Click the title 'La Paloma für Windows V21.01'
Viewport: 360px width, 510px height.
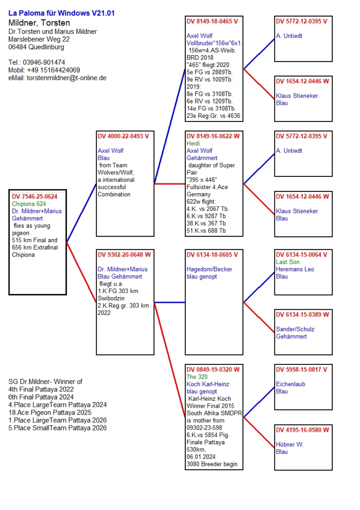coord(61,13)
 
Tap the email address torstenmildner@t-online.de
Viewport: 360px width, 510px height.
coord(66,78)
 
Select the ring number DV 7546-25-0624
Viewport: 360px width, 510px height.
coord(35,196)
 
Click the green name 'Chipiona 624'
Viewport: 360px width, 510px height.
coord(29,204)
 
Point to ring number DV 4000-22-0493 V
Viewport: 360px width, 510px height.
coord(123,136)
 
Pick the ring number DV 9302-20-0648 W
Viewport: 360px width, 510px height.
coord(124,255)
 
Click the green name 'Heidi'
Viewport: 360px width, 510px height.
coord(193,143)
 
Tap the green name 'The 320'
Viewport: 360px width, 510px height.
coord(197,377)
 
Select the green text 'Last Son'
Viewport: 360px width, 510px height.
coord(287,262)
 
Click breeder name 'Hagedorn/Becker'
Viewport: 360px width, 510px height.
coord(209,269)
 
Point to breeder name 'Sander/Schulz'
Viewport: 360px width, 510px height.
coord(295,329)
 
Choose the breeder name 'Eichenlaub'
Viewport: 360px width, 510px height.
coord(290,384)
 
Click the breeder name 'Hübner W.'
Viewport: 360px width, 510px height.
coord(290,444)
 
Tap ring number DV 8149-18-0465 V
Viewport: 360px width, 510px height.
coord(212,21)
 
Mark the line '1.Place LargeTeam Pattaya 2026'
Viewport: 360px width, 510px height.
coord(57,420)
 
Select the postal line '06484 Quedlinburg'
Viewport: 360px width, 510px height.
coord(36,47)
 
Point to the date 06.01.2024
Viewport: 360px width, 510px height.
coord(201,457)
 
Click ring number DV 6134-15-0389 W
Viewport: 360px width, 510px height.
coord(302,314)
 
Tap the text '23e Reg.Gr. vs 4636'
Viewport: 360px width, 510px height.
coord(213,116)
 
